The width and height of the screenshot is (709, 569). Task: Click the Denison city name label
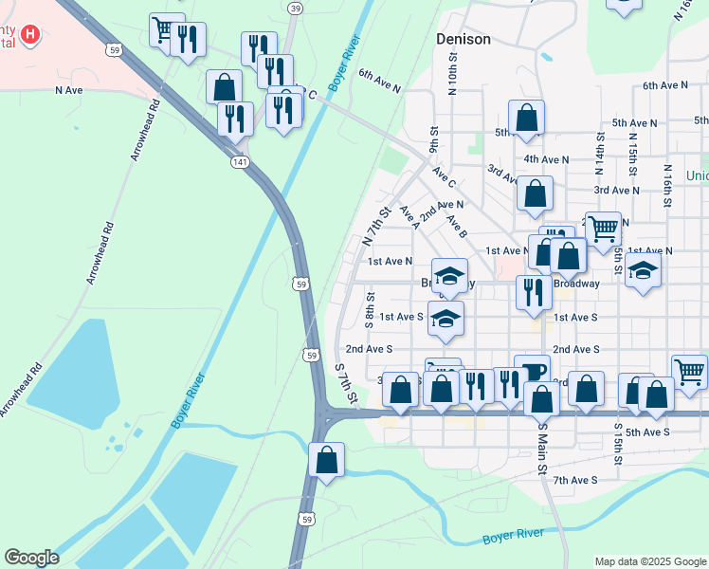pos(464,39)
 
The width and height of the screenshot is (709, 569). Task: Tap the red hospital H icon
pos(31,36)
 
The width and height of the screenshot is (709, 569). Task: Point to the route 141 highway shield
pos(240,162)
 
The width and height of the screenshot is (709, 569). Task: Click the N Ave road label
pos(70,91)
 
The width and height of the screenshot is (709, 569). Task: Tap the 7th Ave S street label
pos(575,480)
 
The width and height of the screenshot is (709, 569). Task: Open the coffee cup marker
pos(531,370)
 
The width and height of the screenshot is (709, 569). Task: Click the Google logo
pos(31,558)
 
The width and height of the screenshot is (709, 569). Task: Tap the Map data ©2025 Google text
pos(649,561)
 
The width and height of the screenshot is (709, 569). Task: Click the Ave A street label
pos(409,217)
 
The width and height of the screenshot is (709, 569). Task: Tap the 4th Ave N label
pos(546,159)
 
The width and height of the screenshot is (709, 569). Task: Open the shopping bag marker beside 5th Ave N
pos(526,118)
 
